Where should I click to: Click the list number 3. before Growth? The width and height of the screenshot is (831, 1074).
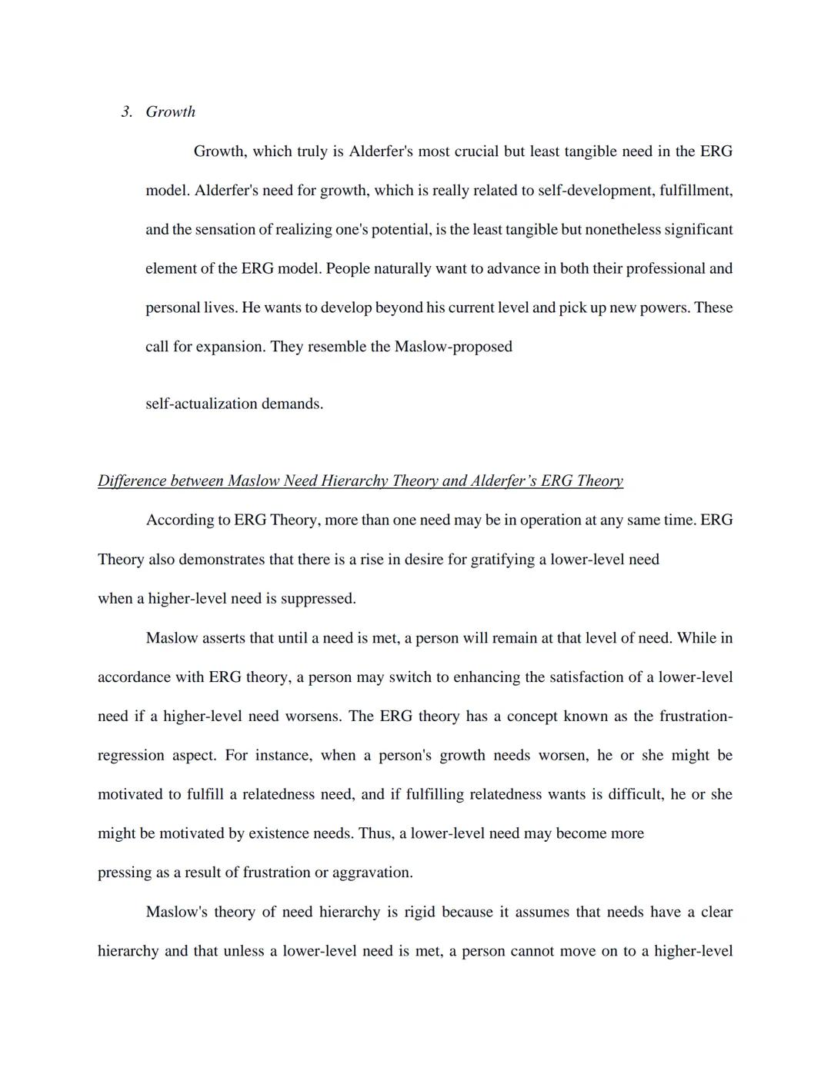coord(127,112)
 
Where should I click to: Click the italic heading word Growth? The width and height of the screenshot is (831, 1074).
coord(170,112)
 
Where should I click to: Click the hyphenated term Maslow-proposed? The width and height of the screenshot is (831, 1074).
coord(453,347)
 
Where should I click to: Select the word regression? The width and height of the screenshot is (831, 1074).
coord(131,756)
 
